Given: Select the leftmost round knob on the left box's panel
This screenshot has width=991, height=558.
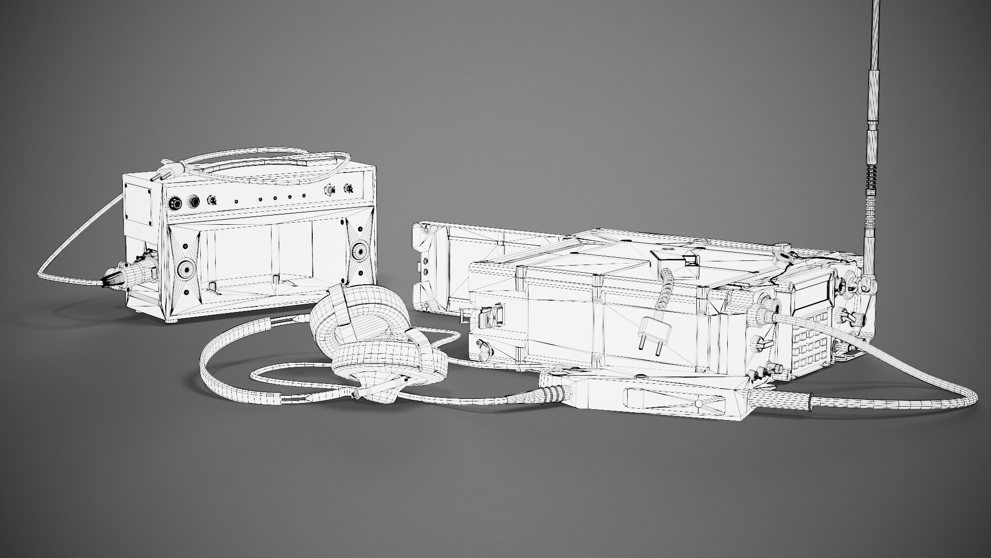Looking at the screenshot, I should pos(176,204).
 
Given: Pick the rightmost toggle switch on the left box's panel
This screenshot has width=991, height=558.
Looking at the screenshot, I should pos(349,190).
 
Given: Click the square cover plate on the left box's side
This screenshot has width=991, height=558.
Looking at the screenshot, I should pos(138,203).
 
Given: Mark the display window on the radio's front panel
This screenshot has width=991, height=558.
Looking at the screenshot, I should pos(808,298).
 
